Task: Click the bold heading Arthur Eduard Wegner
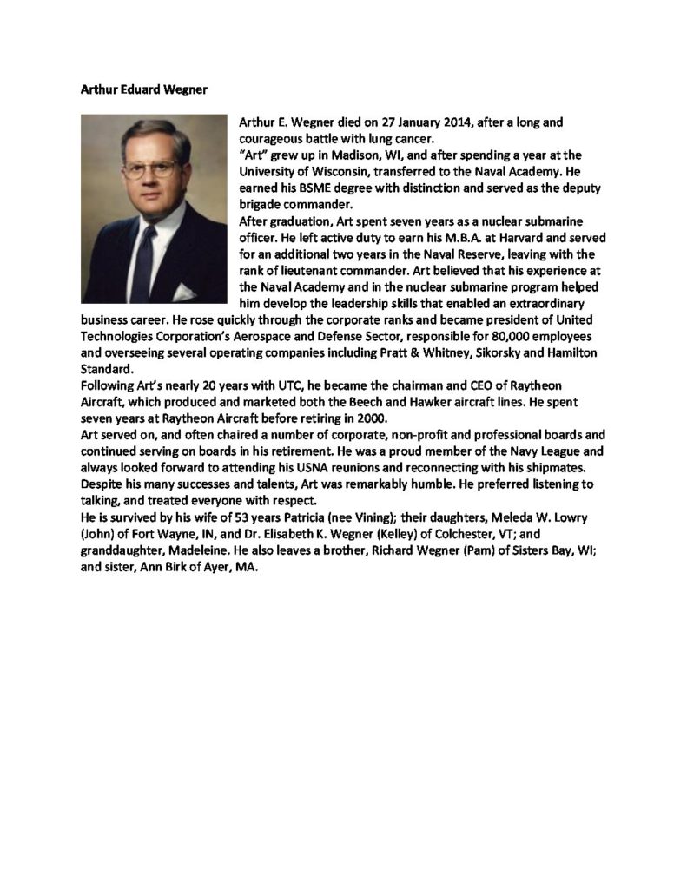[139, 88]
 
